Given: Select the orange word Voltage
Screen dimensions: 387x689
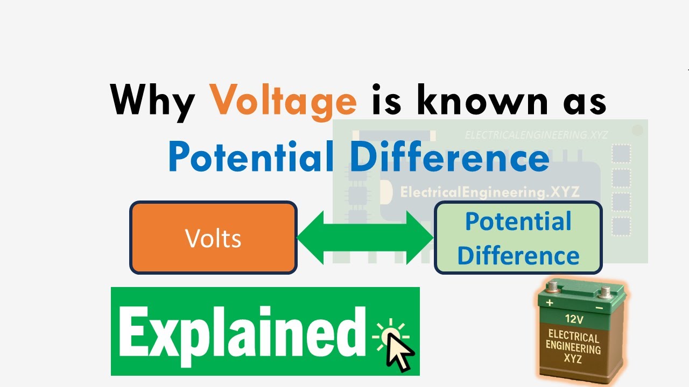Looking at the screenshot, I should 283,100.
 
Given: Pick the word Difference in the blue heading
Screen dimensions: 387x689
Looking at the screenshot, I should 449,157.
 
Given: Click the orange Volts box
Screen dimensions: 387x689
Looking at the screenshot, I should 213,238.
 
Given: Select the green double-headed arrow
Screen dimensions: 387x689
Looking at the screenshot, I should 365,238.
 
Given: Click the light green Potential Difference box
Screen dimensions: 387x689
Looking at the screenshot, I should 518,238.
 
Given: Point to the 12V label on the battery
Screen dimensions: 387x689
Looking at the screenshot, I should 574,318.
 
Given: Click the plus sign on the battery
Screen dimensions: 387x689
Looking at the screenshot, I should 549,303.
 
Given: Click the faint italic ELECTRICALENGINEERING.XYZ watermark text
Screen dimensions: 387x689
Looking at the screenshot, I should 536,135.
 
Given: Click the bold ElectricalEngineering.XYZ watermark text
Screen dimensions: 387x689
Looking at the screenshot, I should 490,192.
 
